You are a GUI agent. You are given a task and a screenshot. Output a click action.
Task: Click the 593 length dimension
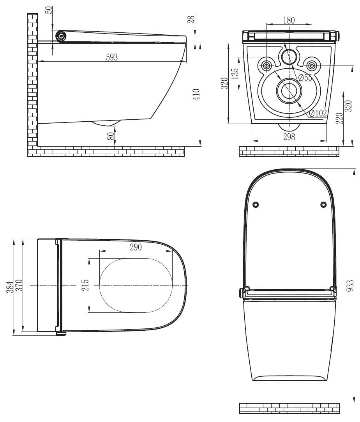pos(111,57)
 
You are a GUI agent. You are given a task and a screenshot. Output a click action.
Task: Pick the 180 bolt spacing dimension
pos(289,20)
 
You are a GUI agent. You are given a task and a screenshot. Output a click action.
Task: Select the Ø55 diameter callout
pos(305,78)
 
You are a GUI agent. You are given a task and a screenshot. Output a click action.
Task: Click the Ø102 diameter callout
pos(318,113)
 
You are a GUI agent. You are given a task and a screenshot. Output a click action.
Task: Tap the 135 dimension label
pos(234,74)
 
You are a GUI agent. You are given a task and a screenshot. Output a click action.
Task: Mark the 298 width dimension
pos(289,137)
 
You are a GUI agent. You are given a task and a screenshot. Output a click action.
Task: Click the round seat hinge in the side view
pos(61,37)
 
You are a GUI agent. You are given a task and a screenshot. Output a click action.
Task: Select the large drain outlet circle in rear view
pos(288,90)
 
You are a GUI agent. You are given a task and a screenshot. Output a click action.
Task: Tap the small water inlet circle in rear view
pos(289,57)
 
